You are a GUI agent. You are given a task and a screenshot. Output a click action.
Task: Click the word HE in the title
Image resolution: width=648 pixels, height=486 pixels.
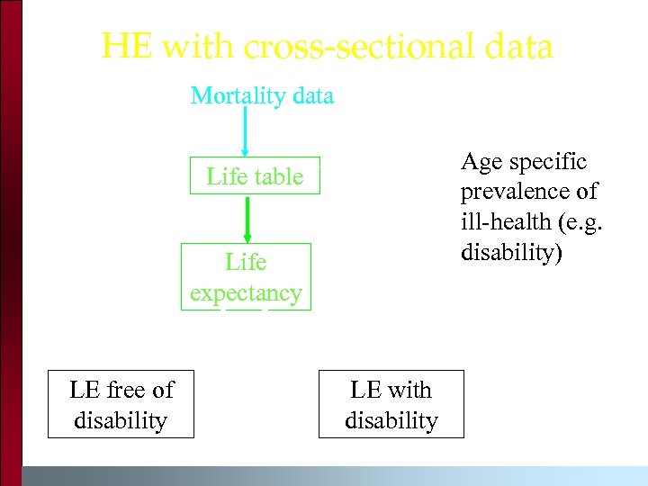[x=127, y=47]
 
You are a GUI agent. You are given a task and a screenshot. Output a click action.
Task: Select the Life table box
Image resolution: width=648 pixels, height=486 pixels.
[x=255, y=176]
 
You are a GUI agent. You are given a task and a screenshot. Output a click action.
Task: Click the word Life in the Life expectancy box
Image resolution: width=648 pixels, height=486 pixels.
[x=246, y=262]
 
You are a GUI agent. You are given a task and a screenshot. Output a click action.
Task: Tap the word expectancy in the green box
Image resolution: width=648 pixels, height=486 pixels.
[x=246, y=292]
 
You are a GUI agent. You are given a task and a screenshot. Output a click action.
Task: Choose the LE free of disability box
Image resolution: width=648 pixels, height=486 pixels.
[x=121, y=404]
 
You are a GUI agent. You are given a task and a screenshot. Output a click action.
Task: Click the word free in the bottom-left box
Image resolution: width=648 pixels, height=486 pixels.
[x=128, y=390]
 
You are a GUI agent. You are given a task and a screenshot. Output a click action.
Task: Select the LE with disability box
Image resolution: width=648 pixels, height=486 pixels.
[x=391, y=404]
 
